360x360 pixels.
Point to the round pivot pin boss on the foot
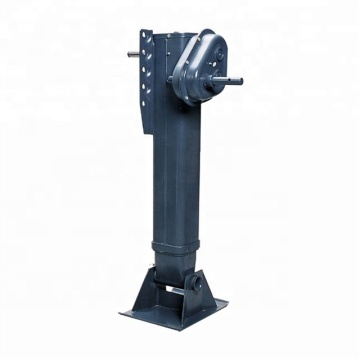coord(175,289)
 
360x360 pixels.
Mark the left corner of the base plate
coord(120,311)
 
